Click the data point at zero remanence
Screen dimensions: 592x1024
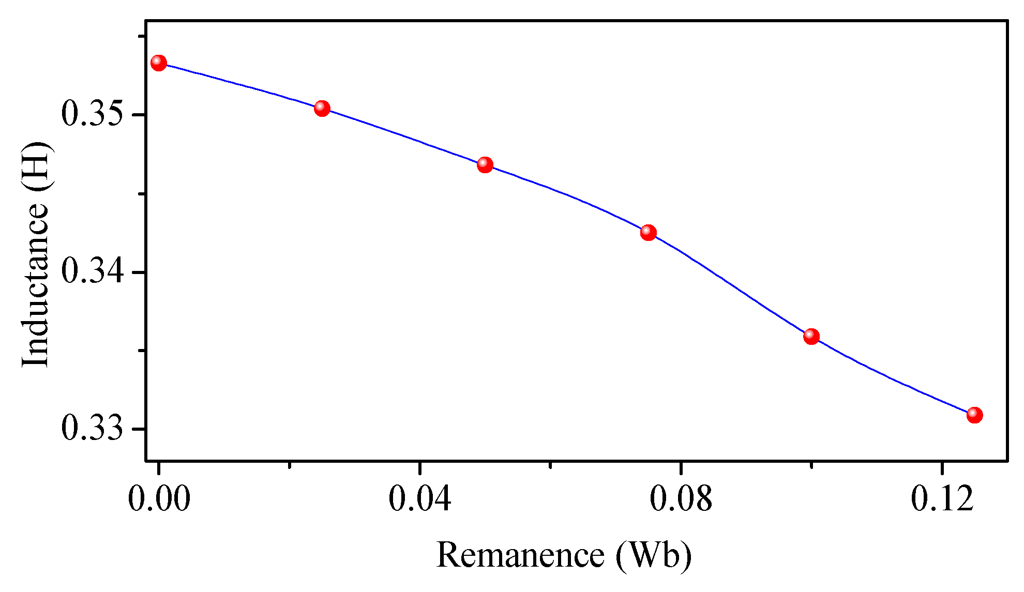(159, 63)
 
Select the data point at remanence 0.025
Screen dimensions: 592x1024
(322, 108)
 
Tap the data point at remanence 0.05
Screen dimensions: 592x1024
(485, 165)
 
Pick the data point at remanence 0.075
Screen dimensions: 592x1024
(648, 233)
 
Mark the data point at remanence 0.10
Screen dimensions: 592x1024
(811, 337)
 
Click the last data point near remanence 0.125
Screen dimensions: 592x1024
(974, 415)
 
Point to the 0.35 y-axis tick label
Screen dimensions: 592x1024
(93, 114)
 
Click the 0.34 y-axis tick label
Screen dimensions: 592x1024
(93, 271)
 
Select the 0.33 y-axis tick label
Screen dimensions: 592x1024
(93, 429)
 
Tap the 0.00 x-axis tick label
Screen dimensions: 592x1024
(159, 499)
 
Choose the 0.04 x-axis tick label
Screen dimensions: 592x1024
(419, 499)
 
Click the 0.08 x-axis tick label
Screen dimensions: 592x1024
(681, 499)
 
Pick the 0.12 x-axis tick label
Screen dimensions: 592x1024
(942, 499)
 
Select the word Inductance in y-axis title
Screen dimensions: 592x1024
(35, 284)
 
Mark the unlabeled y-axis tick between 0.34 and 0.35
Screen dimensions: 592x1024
(141, 193)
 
